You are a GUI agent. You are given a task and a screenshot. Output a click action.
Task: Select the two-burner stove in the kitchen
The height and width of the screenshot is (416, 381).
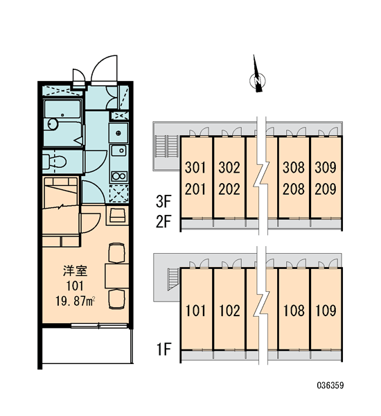119,176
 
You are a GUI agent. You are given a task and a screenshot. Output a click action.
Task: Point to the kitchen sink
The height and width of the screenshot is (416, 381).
119,150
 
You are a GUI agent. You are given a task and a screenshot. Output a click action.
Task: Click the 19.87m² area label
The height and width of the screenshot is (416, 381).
76,301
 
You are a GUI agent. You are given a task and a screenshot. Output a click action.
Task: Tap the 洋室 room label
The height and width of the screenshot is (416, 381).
75,270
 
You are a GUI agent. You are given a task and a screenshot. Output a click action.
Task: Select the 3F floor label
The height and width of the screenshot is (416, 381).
163,202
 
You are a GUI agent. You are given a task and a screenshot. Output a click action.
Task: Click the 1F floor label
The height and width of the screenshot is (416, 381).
164,349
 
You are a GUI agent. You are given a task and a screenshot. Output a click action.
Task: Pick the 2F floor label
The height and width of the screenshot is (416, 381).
163,222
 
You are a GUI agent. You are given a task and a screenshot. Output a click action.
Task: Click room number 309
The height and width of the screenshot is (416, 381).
326,167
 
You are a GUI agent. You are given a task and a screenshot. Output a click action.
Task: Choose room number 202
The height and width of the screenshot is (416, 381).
229,189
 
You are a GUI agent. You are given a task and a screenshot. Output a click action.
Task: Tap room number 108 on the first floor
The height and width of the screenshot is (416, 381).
294,311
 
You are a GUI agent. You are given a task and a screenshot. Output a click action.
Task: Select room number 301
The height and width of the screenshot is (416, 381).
195,167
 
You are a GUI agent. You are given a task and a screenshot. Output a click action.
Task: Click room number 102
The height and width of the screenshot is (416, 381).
229,311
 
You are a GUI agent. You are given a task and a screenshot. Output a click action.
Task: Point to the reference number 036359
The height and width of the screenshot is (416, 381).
330,385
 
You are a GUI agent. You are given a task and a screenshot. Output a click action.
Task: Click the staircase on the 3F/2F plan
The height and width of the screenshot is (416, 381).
167,146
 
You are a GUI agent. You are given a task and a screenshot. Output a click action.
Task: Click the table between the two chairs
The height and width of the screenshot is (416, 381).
117,276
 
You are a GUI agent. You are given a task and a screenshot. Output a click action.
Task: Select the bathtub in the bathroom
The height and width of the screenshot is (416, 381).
62,109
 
